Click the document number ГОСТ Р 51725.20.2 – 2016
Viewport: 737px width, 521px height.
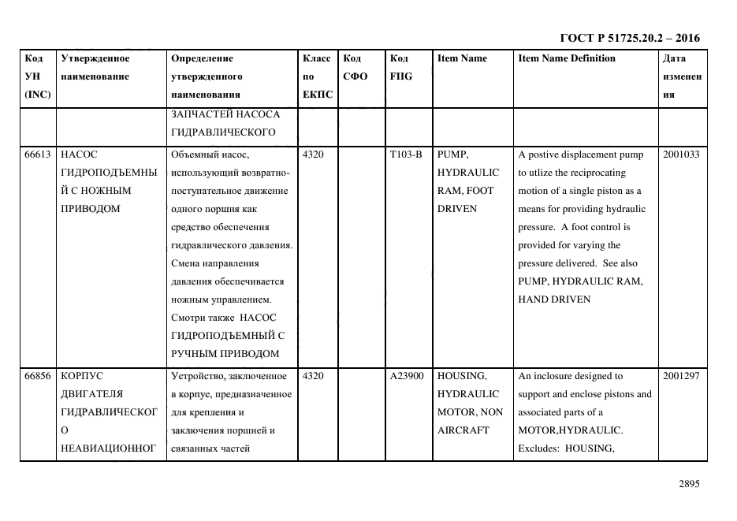pyautogui.click(x=629, y=38)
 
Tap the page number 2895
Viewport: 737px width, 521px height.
pyautogui.click(x=689, y=485)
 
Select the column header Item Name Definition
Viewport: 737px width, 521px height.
pyautogui.click(x=567, y=58)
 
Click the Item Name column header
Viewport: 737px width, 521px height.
pyautogui.click(x=462, y=58)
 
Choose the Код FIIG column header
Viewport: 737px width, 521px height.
pyautogui.click(x=400, y=68)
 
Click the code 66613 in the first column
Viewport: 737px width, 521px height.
pyautogui.click(x=38, y=154)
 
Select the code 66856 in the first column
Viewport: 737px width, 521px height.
pyautogui.click(x=38, y=376)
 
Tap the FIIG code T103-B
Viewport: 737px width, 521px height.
pyautogui.click(x=406, y=154)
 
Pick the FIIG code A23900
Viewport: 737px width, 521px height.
pyautogui.click(x=407, y=376)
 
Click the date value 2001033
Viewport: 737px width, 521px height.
pyautogui.click(x=681, y=154)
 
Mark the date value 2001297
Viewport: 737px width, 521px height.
pyautogui.click(x=681, y=376)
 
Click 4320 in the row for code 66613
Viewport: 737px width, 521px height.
pyautogui.click(x=313, y=154)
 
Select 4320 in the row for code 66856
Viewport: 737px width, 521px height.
pyautogui.click(x=313, y=376)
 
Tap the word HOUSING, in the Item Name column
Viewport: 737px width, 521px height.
pyautogui.click(x=462, y=376)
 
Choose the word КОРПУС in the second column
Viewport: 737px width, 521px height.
pyautogui.click(x=78, y=376)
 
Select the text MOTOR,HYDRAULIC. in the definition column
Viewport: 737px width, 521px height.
pyautogui.click(x=570, y=430)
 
